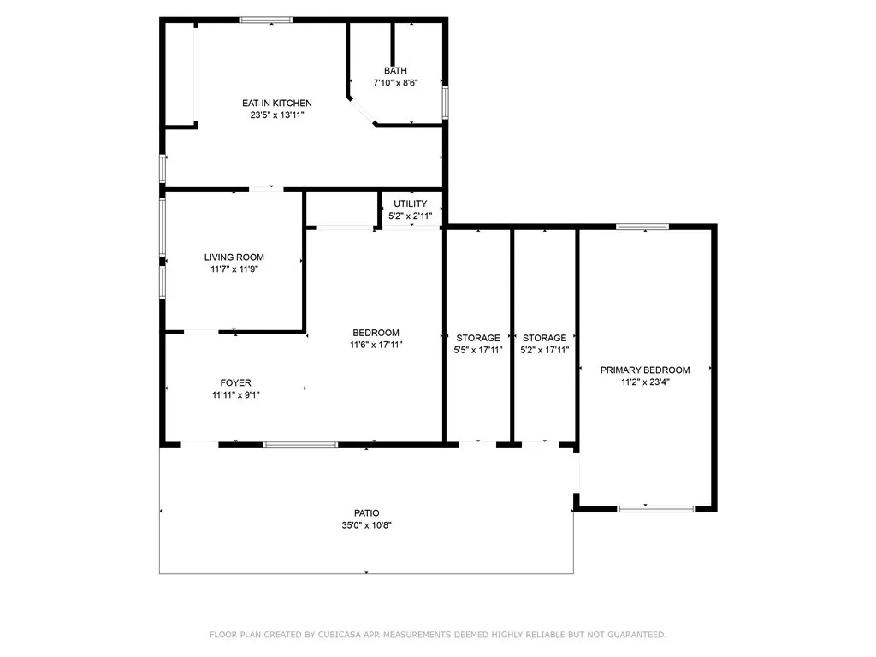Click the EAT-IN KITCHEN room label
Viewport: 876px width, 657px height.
coord(270,104)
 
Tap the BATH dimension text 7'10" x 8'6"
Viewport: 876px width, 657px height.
coord(395,83)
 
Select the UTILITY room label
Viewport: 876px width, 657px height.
coord(410,204)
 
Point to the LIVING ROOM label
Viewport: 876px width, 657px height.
coord(234,257)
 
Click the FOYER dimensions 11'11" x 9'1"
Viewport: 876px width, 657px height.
coord(236,395)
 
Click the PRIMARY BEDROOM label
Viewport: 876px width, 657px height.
coord(644,370)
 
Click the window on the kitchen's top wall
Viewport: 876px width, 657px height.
coord(266,20)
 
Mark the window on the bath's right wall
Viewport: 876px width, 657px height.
coord(445,101)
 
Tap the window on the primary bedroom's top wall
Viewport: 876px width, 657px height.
coord(642,227)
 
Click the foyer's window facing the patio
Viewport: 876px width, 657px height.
coord(300,445)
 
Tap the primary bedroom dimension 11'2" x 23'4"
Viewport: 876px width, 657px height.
coord(644,382)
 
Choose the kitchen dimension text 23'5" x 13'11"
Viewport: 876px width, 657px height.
coord(270,115)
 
